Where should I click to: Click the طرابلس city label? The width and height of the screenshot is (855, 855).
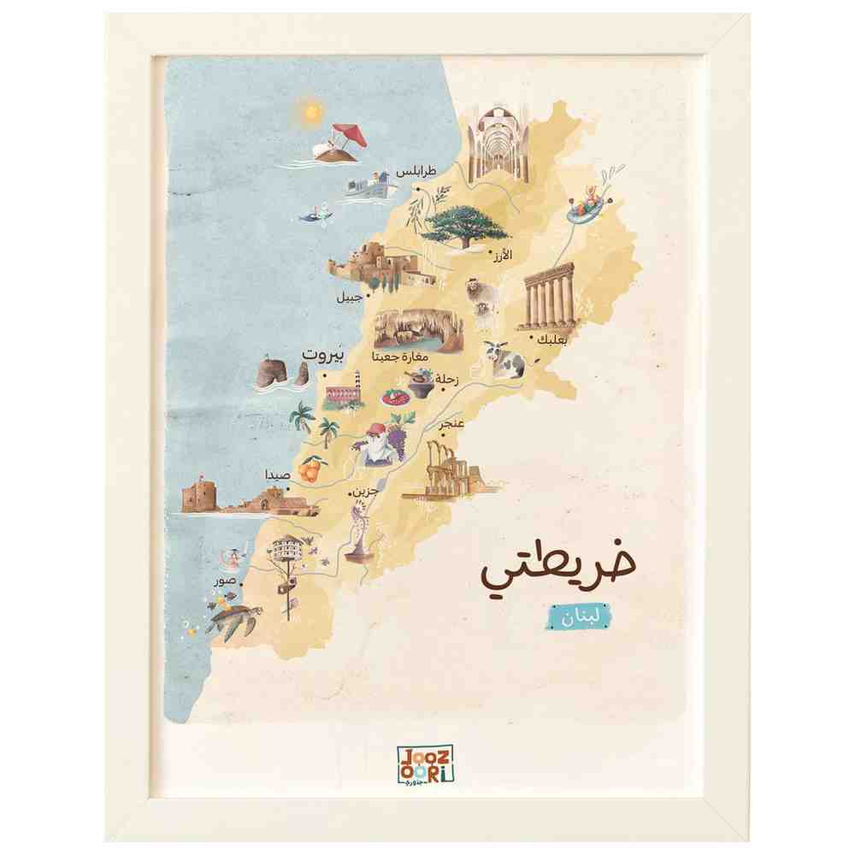point(416,172)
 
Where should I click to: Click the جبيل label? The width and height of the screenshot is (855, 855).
point(348,298)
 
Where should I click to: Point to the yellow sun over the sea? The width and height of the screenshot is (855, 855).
point(308,110)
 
